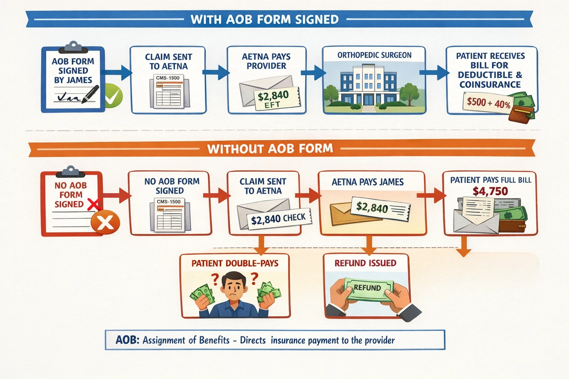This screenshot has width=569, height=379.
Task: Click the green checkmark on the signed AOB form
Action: coord(112,96)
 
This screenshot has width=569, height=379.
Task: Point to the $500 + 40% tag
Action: coord(488,103)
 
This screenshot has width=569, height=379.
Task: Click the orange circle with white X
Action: coord(105,222)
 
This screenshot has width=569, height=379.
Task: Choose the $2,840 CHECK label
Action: coord(278,219)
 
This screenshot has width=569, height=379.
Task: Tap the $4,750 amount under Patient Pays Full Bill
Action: coord(490,191)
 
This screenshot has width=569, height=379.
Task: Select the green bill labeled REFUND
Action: coord(367,288)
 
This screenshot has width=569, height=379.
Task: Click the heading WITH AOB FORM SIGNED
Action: coord(264,19)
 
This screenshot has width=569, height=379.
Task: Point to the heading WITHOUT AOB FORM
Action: coord(270,149)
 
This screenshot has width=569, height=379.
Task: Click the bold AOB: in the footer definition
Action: coord(127,340)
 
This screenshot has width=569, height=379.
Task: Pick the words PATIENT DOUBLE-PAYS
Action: coord(235,263)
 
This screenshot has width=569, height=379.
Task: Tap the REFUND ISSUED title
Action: coord(365,263)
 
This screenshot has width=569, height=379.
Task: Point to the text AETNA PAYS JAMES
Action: coord(367,182)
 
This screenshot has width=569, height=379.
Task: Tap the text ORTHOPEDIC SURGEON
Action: coord(374,55)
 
